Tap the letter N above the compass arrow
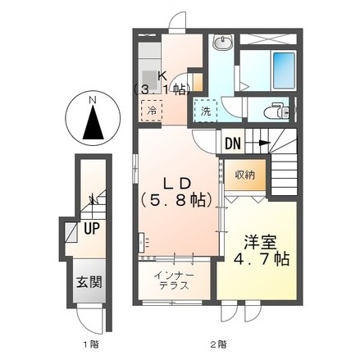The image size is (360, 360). click(x=93, y=100)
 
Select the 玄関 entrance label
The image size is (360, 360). click(x=89, y=281)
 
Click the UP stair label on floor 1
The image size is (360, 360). click(x=91, y=228)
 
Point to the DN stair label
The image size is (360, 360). click(x=233, y=144)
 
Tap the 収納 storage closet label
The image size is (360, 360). click(x=245, y=175)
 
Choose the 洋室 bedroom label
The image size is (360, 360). click(x=261, y=243)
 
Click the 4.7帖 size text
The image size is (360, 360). click(x=262, y=259)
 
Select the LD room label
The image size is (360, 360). click(x=176, y=184)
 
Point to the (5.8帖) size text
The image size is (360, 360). click(x=176, y=200)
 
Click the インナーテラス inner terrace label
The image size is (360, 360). click(x=174, y=280)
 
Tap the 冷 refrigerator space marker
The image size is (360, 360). click(x=152, y=111)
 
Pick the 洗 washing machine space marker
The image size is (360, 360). click(x=206, y=111)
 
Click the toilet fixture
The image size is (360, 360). click(x=276, y=111)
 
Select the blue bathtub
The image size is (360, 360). click(x=284, y=71)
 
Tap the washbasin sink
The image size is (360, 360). click(x=223, y=42)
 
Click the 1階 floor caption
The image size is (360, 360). click(x=91, y=344)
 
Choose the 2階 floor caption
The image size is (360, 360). click(x=218, y=344)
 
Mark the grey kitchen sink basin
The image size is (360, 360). click(x=149, y=80)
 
